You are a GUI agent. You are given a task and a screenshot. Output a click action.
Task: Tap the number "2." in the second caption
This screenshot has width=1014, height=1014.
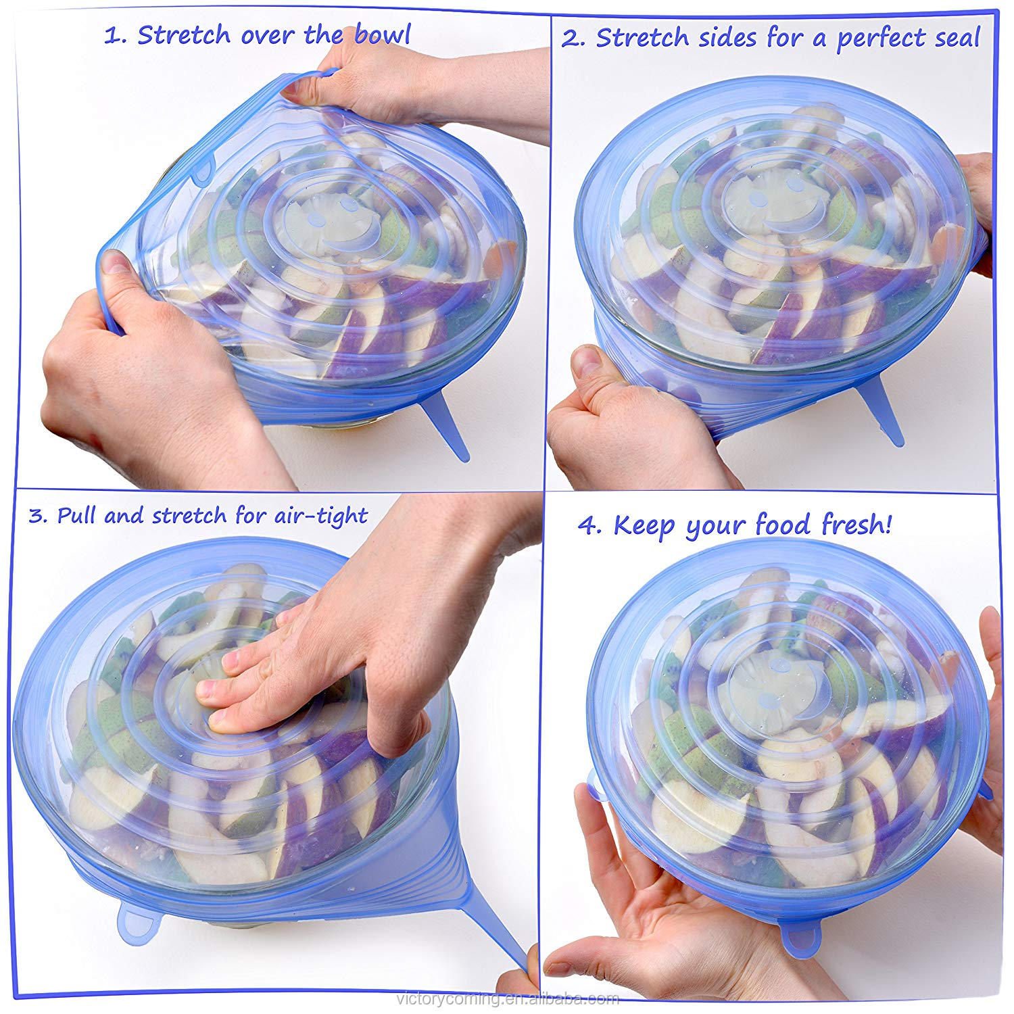(573, 38)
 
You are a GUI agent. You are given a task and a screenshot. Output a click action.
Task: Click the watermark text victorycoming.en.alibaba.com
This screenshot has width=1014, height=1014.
(507, 999)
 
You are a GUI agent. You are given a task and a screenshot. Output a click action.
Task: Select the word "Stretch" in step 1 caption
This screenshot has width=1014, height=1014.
(180, 35)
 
